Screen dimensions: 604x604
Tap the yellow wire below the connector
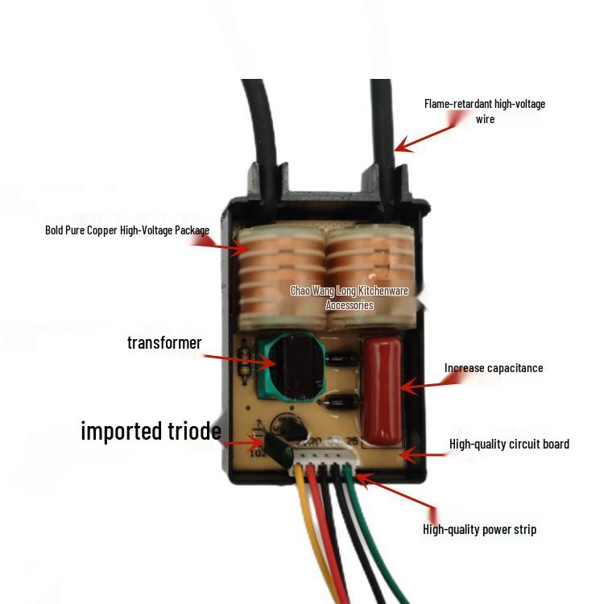[x=309, y=532]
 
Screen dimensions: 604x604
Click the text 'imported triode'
[x=151, y=431]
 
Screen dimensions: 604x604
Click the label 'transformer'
[x=164, y=342]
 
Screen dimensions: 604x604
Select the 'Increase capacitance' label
[x=494, y=368]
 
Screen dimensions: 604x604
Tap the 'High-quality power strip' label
[x=479, y=529]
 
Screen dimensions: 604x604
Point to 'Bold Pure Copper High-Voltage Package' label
[x=127, y=230]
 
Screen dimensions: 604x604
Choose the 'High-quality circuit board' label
[x=509, y=444]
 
